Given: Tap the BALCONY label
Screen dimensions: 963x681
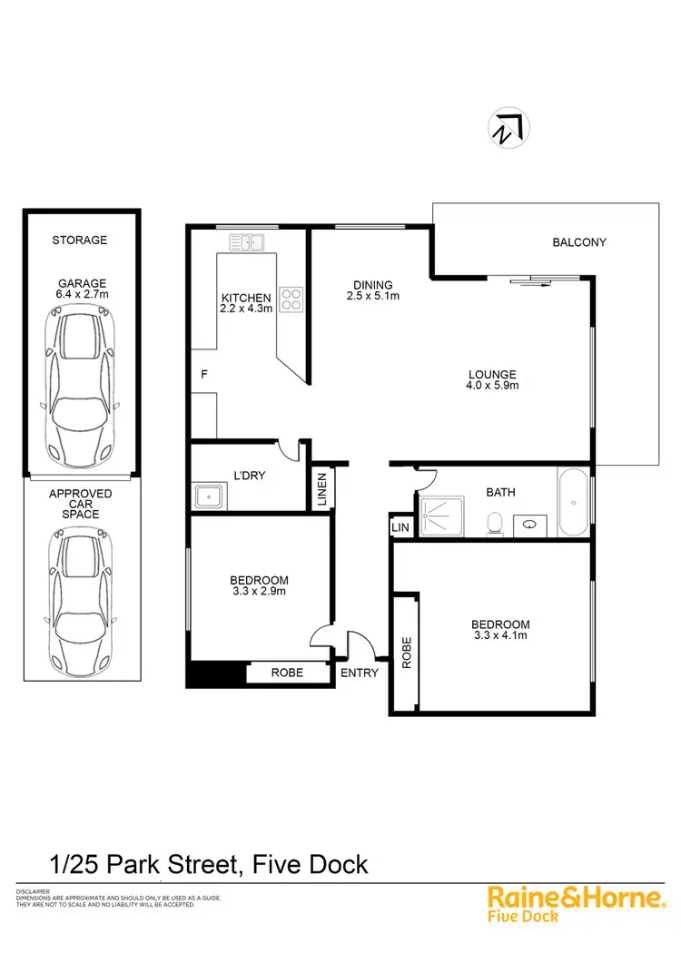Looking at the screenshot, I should tap(578, 242).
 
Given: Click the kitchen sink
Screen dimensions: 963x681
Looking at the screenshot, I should tap(247, 242).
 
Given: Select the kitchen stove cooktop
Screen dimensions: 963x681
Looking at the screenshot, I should tap(291, 299).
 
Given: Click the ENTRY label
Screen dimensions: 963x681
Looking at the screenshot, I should tap(359, 673).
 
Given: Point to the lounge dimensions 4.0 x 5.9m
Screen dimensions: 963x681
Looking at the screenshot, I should tap(492, 386).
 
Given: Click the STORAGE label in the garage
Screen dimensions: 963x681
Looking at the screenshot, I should tap(79, 240).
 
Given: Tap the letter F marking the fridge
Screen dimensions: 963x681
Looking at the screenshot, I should tap(203, 373).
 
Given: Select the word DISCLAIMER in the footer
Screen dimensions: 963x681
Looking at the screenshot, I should tap(32, 891).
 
